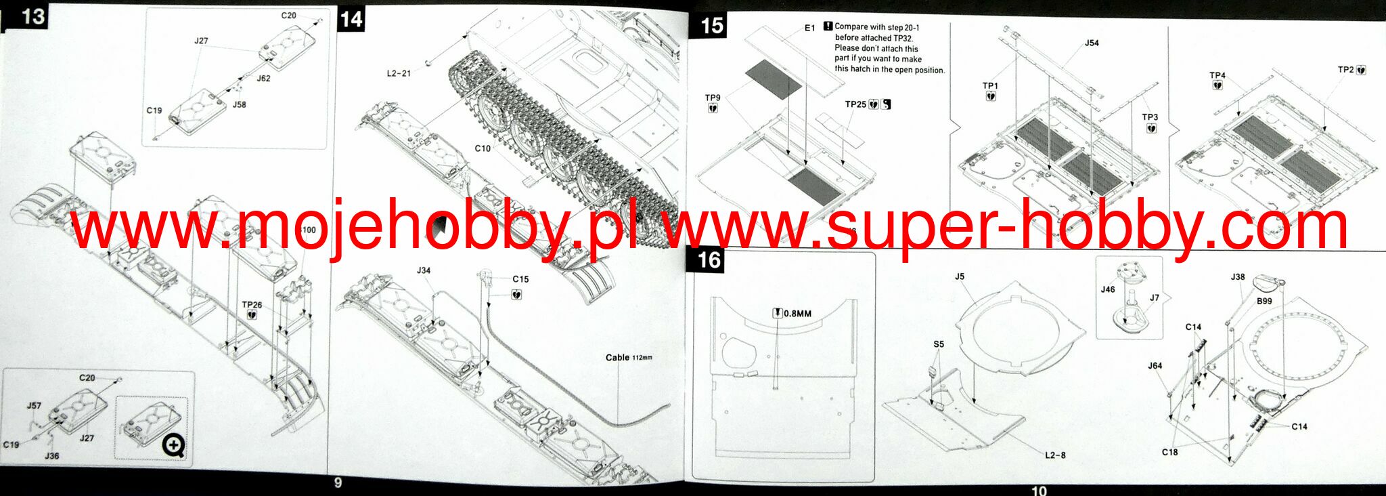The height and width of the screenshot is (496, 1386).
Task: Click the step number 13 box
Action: click(31, 16)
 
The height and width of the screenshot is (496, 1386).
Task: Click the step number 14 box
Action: click(352, 19)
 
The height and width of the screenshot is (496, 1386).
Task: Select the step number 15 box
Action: click(711, 26)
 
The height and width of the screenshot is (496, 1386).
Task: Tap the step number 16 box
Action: click(709, 260)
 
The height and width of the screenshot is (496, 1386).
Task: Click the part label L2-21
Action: click(399, 73)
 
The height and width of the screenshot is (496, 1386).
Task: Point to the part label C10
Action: click(482, 148)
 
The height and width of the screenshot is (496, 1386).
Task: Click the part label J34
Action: click(424, 270)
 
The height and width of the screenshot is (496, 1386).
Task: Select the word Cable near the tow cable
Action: click(617, 357)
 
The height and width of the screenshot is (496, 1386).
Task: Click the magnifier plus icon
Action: click(174, 445)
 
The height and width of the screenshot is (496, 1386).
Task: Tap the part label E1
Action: click(809, 28)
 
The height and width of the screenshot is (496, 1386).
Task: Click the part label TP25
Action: click(855, 104)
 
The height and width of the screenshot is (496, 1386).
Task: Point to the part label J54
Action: click(1092, 43)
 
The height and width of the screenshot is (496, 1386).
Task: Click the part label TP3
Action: click(1150, 117)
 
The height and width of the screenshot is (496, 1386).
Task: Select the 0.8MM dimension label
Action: click(797, 314)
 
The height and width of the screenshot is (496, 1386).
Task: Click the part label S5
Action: click(939, 344)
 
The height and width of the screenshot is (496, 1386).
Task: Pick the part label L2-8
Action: click(1055, 455)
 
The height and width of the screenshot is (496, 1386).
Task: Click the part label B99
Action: click(1264, 301)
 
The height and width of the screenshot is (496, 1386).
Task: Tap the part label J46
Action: click(1108, 289)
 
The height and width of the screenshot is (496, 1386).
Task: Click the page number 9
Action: click(338, 482)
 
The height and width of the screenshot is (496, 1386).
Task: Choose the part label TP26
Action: click(252, 305)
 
